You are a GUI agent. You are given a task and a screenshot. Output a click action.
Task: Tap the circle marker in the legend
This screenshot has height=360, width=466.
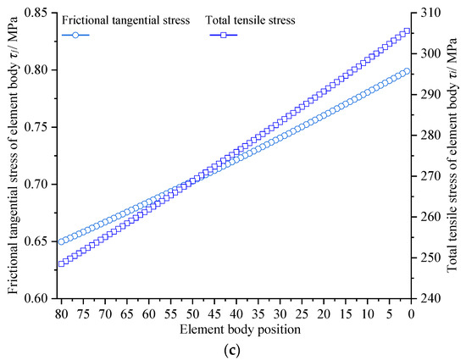[x=75, y=35]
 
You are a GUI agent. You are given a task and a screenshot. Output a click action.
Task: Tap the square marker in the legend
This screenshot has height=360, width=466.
[x=223, y=35]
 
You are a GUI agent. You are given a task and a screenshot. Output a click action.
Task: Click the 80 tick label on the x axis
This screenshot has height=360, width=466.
[x=61, y=313]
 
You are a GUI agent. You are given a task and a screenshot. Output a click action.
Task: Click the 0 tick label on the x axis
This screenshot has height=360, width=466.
[x=411, y=313]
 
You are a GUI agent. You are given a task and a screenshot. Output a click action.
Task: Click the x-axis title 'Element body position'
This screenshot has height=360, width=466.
[x=236, y=328]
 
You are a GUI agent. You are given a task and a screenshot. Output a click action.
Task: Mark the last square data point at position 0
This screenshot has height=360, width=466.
[x=408, y=31]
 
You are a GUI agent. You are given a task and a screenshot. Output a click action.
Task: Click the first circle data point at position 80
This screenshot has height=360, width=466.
[x=62, y=241]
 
